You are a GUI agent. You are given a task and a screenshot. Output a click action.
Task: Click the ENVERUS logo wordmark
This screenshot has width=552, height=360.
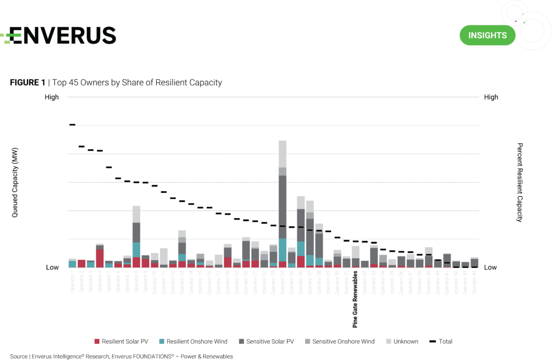coord(59,35)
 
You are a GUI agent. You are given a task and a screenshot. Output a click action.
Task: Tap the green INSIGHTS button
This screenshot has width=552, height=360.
coord(487,36)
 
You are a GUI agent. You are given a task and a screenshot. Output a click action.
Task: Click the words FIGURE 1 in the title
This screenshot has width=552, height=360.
coord(27,82)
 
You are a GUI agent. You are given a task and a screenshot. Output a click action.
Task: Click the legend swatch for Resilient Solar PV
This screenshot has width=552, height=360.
coord(97,342)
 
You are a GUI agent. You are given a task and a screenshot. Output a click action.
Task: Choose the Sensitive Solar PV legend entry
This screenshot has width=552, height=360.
coord(266,342)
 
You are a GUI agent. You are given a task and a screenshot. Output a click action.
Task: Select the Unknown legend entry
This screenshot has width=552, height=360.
coord(403,342)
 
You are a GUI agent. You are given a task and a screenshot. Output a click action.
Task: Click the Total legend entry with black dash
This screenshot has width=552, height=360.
coord(440,342)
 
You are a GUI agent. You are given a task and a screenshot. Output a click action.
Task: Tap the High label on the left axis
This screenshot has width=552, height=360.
coord(52,98)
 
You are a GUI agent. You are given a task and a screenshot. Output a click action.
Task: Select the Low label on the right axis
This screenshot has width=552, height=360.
coord(491,267)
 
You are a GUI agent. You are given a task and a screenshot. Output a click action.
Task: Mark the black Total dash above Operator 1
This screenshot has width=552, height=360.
coord(72,124)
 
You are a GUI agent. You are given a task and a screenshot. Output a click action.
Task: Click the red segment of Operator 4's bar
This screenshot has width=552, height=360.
coord(100,258)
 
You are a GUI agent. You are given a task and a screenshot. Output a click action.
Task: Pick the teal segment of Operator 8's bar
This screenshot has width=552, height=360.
coord(136,250)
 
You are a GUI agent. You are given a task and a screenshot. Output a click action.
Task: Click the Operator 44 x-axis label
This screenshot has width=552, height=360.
coord(474,281)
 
